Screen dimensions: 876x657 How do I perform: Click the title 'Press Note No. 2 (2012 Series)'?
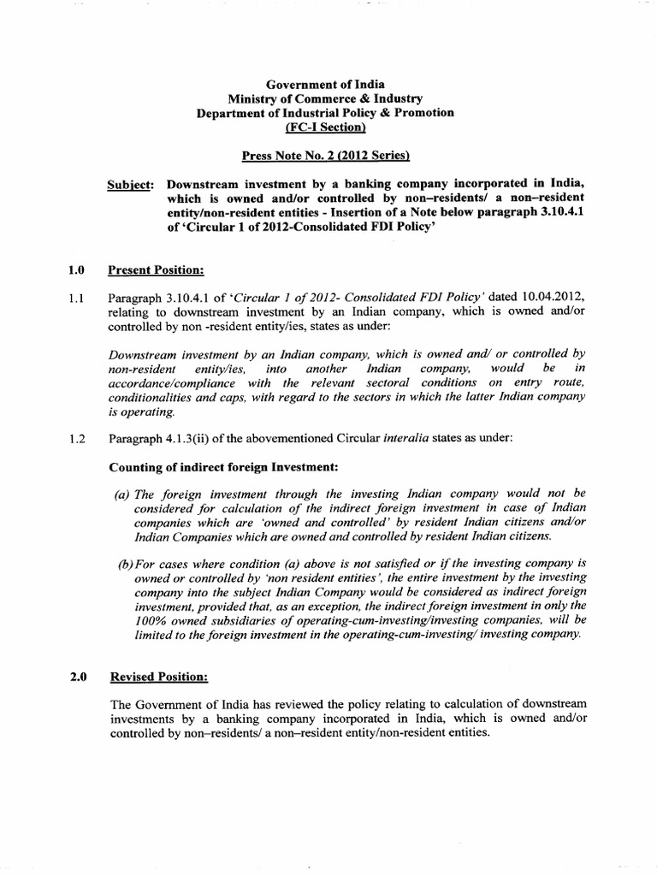[x=325, y=156]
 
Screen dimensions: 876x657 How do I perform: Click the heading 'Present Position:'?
[x=156, y=271]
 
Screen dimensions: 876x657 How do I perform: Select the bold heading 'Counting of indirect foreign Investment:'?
[x=223, y=467]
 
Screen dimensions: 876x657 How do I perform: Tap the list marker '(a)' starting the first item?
[x=124, y=494]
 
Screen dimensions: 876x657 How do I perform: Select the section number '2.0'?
[x=77, y=677]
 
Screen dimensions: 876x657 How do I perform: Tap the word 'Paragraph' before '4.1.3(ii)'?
[x=137, y=440]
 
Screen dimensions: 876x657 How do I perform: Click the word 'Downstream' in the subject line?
[x=202, y=184]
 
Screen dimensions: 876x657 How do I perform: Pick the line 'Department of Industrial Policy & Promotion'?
[x=325, y=113]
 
